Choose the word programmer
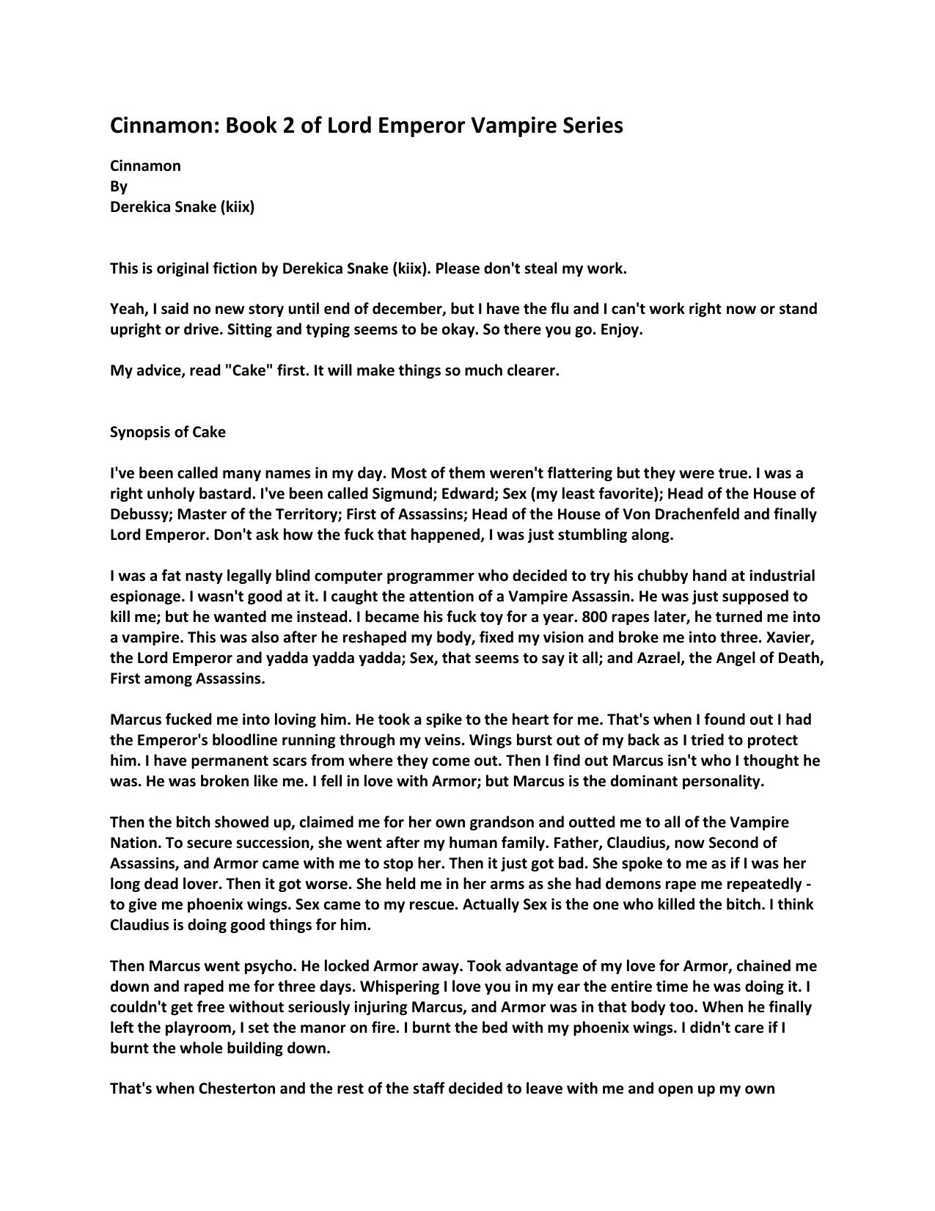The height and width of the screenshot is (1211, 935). pyautogui.click(x=422, y=576)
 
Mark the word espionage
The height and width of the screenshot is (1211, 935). pyautogui.click(x=145, y=596)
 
